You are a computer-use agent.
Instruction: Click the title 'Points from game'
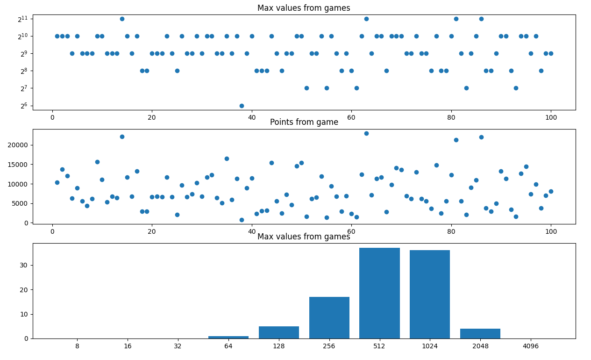(x=304, y=122)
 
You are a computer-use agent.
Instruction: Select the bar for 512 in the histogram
(x=379, y=293)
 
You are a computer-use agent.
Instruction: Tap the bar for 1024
(x=430, y=295)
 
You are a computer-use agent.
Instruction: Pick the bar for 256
(x=329, y=318)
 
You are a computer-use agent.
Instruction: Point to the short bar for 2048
(x=480, y=334)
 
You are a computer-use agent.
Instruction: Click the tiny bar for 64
(x=228, y=337)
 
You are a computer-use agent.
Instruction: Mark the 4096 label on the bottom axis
(x=531, y=346)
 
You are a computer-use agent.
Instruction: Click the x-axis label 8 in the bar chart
(x=77, y=346)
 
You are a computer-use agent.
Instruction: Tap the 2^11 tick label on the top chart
(x=23, y=19)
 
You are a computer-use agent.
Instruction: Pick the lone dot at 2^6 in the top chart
(x=242, y=106)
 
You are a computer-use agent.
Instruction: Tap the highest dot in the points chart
(x=366, y=133)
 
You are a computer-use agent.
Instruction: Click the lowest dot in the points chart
(x=242, y=220)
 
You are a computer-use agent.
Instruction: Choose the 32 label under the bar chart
(x=178, y=346)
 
